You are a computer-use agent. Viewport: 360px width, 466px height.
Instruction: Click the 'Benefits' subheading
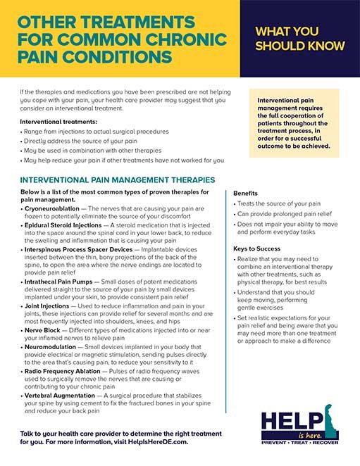pyautogui.click(x=246, y=192)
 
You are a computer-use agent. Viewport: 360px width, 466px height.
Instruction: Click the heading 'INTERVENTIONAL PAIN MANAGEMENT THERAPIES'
pyautogui.click(x=118, y=180)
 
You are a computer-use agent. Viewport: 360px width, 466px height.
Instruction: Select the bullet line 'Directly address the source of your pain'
pyautogui.click(x=87, y=141)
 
